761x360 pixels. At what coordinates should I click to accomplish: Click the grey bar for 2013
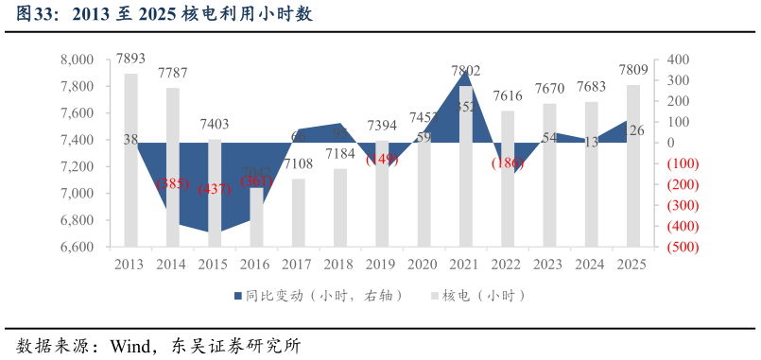coord(130,161)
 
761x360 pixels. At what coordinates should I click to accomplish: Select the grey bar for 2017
coord(298,213)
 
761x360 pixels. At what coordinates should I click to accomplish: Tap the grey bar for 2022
coord(508,179)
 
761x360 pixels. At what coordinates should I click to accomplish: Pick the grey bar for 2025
coord(633,165)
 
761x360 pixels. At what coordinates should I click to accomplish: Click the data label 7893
coord(130,59)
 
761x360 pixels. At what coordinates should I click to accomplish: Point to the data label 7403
coord(215,124)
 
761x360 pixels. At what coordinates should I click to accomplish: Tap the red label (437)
coord(215,188)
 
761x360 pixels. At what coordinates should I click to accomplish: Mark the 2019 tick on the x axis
coord(382,265)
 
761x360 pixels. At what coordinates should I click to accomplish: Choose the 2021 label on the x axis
coord(465,265)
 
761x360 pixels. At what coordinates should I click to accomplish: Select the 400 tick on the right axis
coord(679,60)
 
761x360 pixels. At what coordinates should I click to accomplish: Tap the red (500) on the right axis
coord(683,247)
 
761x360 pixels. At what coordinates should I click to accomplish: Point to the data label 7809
coord(633,69)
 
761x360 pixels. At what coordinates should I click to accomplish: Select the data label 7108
coord(298,164)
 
